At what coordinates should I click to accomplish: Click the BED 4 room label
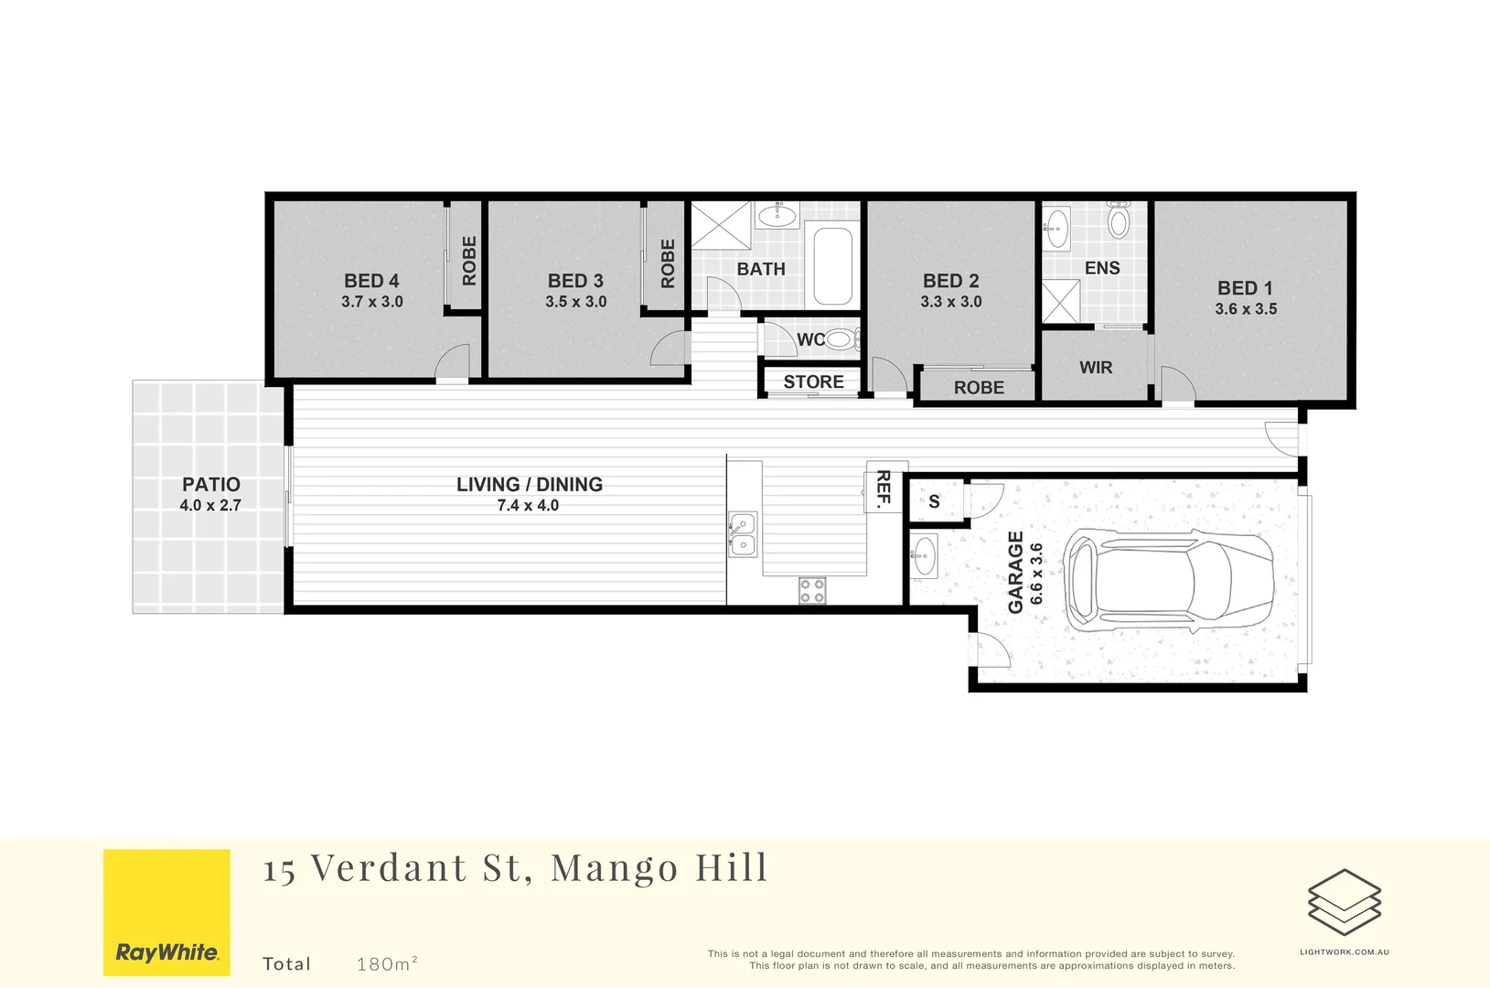(x=371, y=281)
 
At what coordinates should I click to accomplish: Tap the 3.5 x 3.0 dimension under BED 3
(x=575, y=302)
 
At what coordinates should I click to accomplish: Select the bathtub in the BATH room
(x=832, y=265)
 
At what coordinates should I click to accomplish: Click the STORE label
(x=813, y=382)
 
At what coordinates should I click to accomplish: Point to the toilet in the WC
(x=841, y=340)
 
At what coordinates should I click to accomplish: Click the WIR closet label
(x=1095, y=368)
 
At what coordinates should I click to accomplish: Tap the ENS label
(x=1101, y=268)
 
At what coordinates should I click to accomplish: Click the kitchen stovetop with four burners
(x=812, y=591)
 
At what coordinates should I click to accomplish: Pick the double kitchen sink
(x=743, y=534)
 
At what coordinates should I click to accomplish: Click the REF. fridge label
(x=884, y=488)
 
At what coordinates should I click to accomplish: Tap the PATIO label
(x=210, y=485)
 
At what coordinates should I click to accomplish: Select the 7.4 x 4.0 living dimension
(x=528, y=506)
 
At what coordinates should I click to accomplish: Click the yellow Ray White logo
(x=166, y=912)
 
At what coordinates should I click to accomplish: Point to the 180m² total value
(x=387, y=963)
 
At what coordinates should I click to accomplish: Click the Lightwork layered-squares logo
(x=1344, y=902)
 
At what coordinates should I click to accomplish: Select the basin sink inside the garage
(x=925, y=555)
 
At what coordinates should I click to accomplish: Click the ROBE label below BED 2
(x=978, y=388)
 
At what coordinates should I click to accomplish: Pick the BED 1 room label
(x=1244, y=288)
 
